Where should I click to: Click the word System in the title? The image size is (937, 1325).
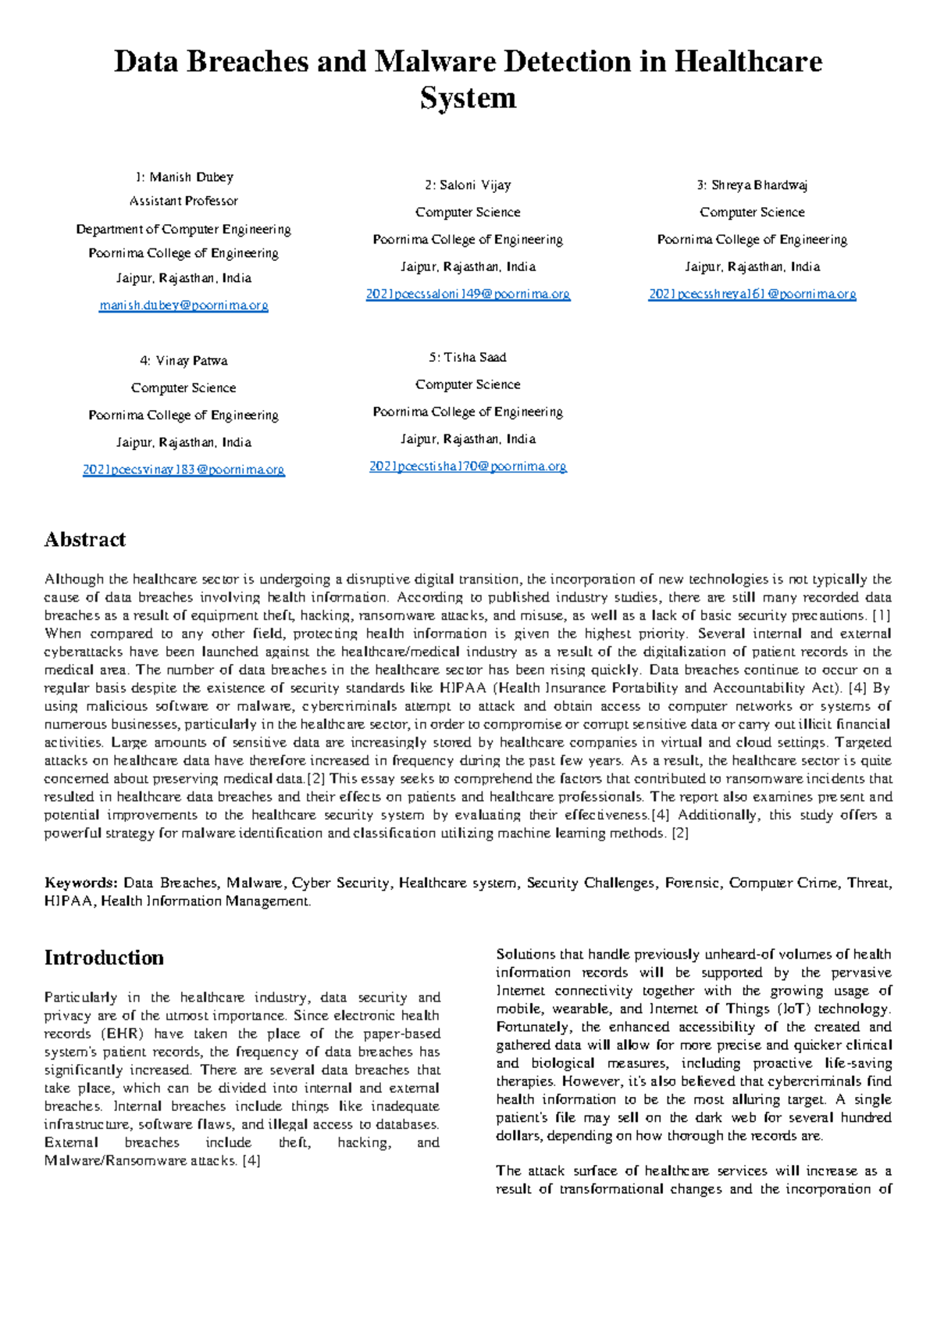tap(468, 98)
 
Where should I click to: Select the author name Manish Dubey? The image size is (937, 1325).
tap(191, 177)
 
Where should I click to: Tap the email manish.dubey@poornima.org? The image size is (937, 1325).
tap(183, 305)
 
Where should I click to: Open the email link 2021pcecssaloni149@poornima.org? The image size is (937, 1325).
tap(468, 295)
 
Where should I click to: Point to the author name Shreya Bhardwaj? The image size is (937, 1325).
tap(759, 185)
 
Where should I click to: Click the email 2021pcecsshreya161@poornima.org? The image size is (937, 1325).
tap(752, 295)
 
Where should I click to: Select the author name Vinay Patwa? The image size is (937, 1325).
tap(191, 361)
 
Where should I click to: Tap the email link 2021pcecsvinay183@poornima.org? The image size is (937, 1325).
tap(183, 470)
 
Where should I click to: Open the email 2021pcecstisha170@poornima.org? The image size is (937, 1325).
tap(468, 466)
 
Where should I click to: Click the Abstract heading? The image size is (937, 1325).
tap(85, 540)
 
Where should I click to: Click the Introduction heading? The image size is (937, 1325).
tap(104, 958)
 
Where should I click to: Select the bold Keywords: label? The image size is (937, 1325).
tap(81, 883)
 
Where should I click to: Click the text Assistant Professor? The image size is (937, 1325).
tap(183, 201)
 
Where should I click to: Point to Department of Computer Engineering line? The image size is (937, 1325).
tap(183, 229)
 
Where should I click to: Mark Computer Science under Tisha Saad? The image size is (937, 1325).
tap(468, 384)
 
